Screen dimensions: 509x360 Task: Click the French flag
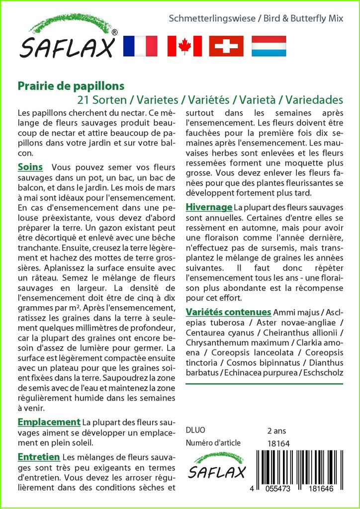pyautogui.click(x=140, y=46)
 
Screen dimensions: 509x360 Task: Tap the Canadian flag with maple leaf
pyautogui.click(x=184, y=46)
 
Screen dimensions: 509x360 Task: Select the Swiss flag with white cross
pyautogui.click(x=226, y=46)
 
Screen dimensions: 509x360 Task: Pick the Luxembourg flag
pyautogui.click(x=269, y=46)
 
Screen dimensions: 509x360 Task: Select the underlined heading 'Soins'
pyautogui.click(x=30, y=167)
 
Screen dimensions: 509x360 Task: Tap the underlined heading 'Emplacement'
pyautogui.click(x=49, y=422)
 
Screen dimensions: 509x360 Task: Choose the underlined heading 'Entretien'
pyautogui.click(x=39, y=457)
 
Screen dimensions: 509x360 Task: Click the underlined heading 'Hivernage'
pyautogui.click(x=209, y=207)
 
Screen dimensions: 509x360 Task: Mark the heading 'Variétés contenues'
pyautogui.click(x=228, y=312)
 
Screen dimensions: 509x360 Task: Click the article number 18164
pyautogui.click(x=278, y=443)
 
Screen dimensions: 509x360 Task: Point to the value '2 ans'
pyautogui.click(x=277, y=430)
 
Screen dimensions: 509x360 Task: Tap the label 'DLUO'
pyautogui.click(x=195, y=430)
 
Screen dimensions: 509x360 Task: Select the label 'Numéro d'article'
pyautogui.click(x=213, y=443)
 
